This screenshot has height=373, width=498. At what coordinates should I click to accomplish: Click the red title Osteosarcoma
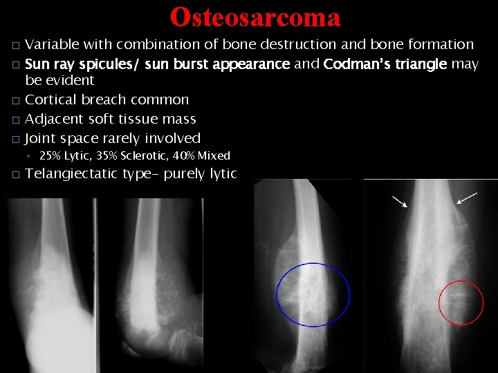[x=255, y=17]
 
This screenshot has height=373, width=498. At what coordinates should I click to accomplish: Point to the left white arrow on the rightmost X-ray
[x=400, y=201]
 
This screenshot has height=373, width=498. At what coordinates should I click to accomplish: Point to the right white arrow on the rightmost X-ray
[x=467, y=198]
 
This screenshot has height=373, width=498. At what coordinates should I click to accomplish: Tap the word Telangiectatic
[x=71, y=173]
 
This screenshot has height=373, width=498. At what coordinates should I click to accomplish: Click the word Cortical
[x=52, y=99]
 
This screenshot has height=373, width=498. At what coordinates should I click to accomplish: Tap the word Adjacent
[x=54, y=119]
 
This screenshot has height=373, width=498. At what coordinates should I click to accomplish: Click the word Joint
[x=41, y=138]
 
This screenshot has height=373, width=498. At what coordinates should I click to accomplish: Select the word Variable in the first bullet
[x=53, y=45]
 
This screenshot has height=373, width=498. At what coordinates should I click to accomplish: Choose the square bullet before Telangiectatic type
[x=15, y=174]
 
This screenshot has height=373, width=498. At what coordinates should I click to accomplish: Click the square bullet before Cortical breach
[x=15, y=100]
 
